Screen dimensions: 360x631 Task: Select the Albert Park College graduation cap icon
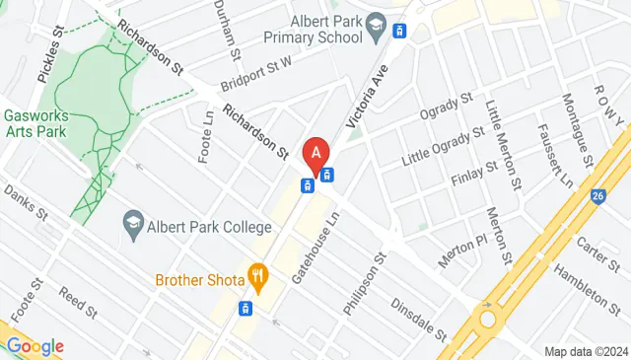pyautogui.click(x=131, y=223)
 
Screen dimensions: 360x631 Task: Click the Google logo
pyautogui.click(x=35, y=346)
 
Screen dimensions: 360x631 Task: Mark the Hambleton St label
pyautogui.click(x=595, y=285)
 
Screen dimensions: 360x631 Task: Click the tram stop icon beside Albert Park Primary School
pyautogui.click(x=399, y=30)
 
